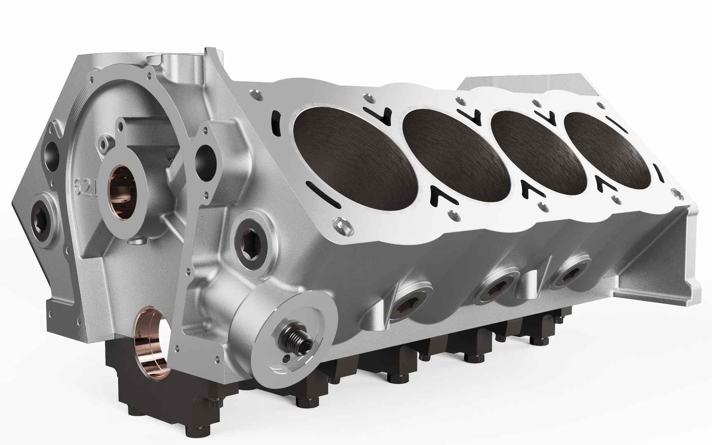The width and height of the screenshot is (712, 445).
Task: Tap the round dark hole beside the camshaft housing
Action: (203, 157)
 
